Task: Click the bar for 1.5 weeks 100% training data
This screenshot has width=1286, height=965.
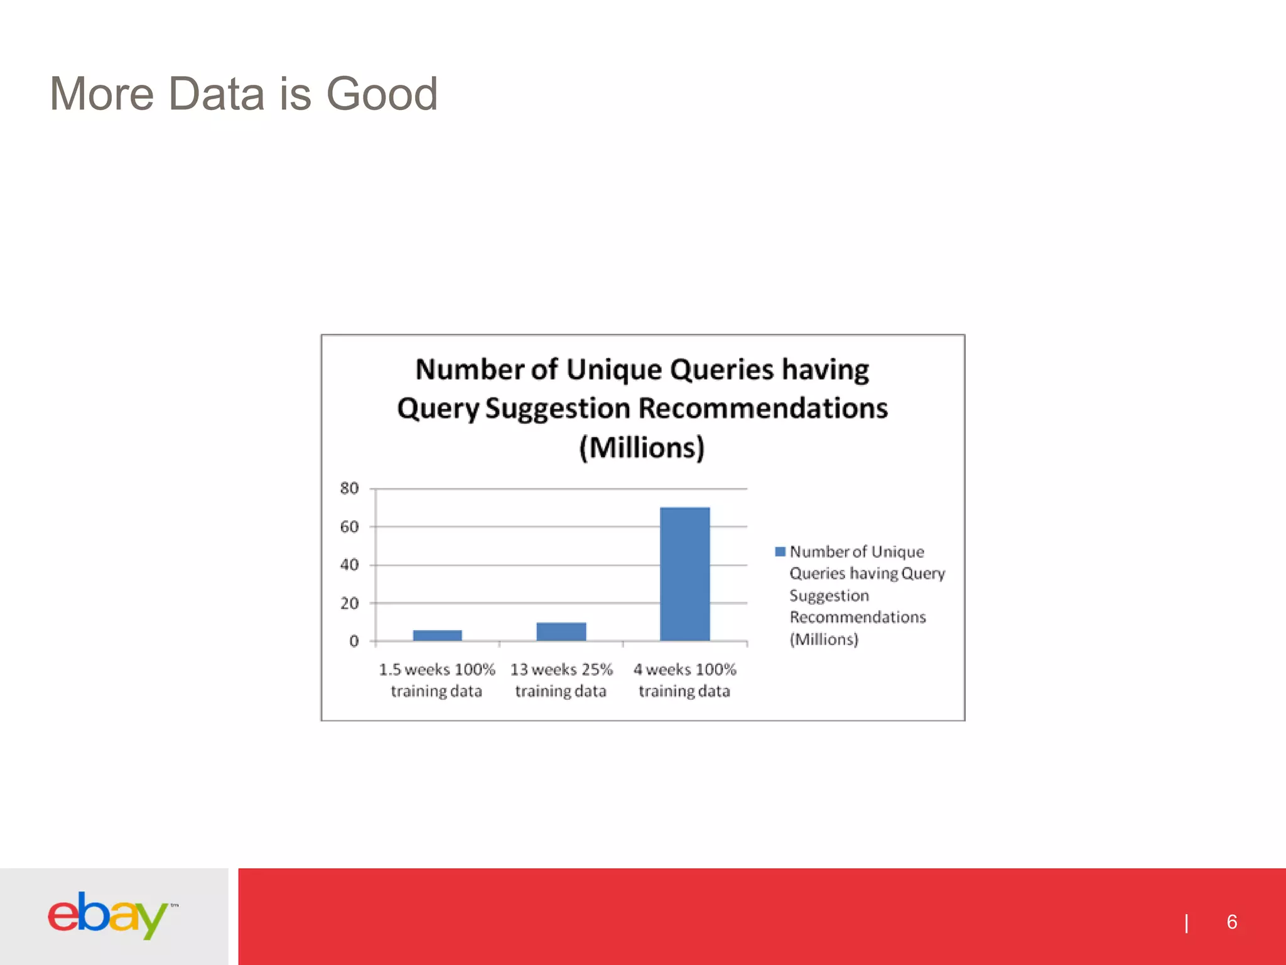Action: [437, 635]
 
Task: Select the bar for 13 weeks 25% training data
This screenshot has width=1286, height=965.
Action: [561, 631]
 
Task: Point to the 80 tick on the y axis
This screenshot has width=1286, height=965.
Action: [349, 488]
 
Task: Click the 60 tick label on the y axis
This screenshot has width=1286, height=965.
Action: [349, 526]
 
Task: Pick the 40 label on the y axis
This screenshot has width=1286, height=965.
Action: [349, 565]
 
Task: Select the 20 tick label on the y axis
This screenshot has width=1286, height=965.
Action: [349, 603]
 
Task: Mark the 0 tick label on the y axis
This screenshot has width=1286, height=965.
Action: [354, 641]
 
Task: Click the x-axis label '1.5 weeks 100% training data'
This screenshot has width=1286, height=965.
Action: [436, 680]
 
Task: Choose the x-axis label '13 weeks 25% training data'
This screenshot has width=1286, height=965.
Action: [561, 680]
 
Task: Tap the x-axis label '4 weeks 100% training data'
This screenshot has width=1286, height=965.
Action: [684, 680]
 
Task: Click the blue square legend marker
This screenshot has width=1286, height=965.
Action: [780, 552]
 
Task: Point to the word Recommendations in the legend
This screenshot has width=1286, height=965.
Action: [858, 617]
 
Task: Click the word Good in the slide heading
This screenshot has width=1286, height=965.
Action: [381, 94]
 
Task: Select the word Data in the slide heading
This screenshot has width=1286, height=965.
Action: [217, 94]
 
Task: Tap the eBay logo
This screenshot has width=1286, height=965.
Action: [108, 915]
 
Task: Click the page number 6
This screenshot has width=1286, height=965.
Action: [1231, 922]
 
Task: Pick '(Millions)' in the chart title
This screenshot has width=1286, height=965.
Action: [642, 447]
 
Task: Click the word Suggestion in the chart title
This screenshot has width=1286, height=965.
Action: [558, 408]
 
